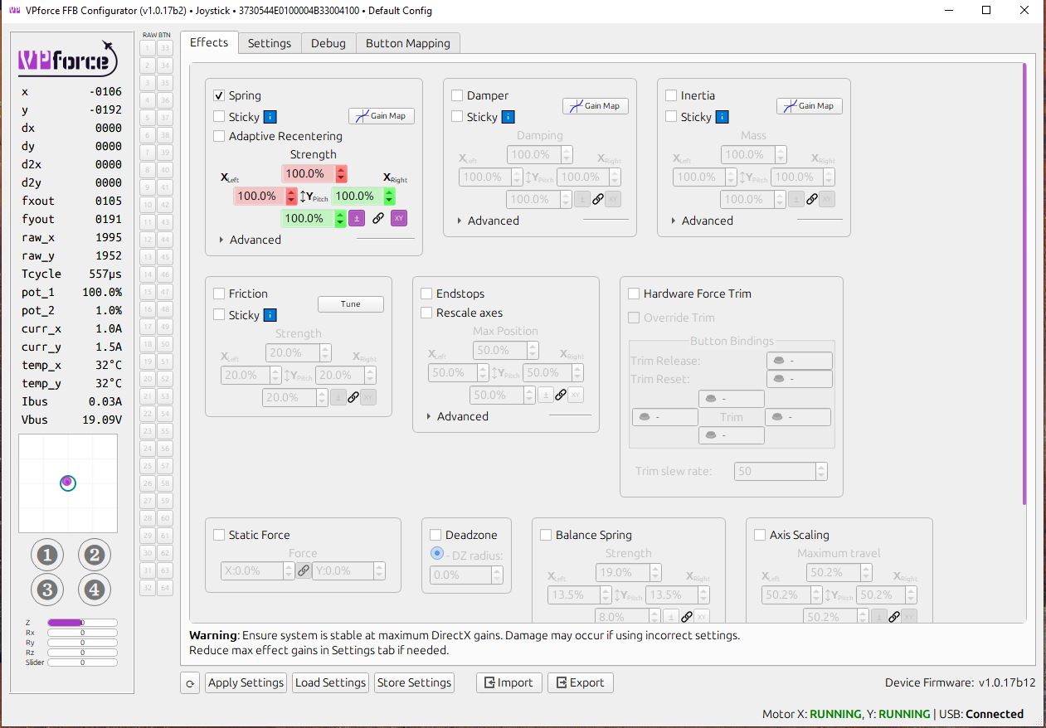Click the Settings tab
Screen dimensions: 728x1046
tap(270, 43)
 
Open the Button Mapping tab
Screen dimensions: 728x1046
tap(408, 43)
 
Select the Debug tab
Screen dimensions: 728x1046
tap(328, 43)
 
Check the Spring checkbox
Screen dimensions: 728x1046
tap(219, 96)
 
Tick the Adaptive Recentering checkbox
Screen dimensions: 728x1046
tap(219, 136)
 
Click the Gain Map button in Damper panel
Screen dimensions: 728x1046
tap(596, 106)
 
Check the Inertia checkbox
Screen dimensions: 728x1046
tap(671, 96)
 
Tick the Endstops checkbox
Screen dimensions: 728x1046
tap(426, 294)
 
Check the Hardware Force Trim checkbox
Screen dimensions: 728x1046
tap(634, 294)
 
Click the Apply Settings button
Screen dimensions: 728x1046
tap(246, 682)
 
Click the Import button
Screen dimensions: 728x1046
tap(508, 682)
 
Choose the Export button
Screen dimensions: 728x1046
tap(580, 682)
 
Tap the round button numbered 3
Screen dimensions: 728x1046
tap(47, 590)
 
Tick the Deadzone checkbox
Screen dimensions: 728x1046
tap(435, 535)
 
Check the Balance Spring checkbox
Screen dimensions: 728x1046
tap(546, 535)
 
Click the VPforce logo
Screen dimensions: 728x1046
tap(64, 59)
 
